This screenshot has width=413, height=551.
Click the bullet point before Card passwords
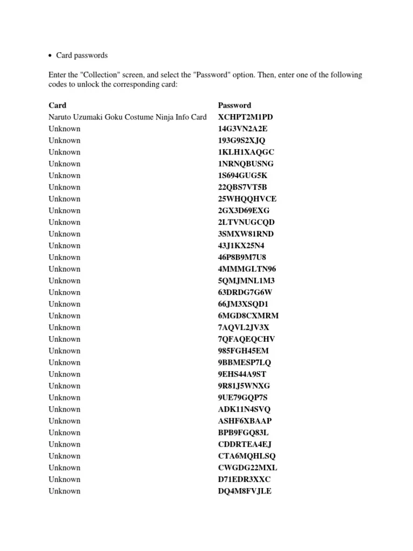pos(50,55)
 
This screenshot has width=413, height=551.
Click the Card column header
pos(58,105)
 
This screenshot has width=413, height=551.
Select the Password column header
pos(234,105)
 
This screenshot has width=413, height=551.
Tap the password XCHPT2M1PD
pos(246,117)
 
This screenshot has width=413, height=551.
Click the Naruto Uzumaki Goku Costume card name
pos(127,117)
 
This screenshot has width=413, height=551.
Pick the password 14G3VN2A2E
pos(243,129)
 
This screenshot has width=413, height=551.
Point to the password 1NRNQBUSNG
pos(246,164)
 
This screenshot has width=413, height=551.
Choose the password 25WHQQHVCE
pos(247,199)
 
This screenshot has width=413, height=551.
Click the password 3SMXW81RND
pos(246,234)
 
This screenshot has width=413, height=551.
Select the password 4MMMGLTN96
pos(247,269)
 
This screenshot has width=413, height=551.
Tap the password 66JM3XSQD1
pos(243,304)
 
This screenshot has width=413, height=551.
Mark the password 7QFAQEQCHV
pos(247,339)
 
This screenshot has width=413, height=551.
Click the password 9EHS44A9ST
pos(242,374)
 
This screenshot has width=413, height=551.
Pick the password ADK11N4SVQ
pos(244,409)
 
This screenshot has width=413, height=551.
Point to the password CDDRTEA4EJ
pos(245,444)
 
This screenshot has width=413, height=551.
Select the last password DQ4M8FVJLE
pos(245,491)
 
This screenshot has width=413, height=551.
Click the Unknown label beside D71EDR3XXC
pos(65,479)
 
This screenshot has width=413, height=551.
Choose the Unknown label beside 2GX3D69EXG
pos(65,210)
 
